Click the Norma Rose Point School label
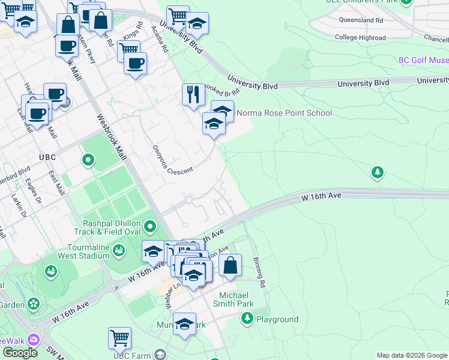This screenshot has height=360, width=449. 284,113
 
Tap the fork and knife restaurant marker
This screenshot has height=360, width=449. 193,94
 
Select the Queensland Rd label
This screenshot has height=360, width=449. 361,20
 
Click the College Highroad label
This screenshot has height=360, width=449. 360,37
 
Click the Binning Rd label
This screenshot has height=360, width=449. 259,274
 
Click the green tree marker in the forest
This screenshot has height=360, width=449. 378,173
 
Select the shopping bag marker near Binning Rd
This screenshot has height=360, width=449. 230,265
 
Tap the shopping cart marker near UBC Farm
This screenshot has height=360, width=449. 119,337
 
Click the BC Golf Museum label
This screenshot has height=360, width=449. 424,61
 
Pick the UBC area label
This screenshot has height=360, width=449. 47,157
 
